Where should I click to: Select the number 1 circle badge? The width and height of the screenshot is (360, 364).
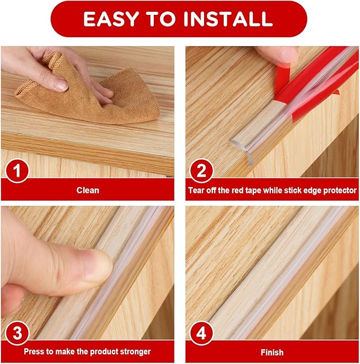point(17,172)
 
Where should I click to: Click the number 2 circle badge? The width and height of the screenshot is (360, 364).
point(201,172)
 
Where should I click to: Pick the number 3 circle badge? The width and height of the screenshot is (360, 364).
point(17,334)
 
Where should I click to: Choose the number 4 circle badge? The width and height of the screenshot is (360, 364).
point(201,334)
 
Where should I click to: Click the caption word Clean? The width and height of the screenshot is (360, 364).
point(87,189)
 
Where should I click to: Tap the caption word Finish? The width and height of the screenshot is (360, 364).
point(271,352)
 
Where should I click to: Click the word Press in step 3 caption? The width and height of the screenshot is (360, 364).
point(33,352)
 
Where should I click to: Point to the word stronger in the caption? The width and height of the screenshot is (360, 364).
point(135,352)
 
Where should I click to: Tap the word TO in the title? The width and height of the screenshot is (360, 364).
point(168,19)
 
